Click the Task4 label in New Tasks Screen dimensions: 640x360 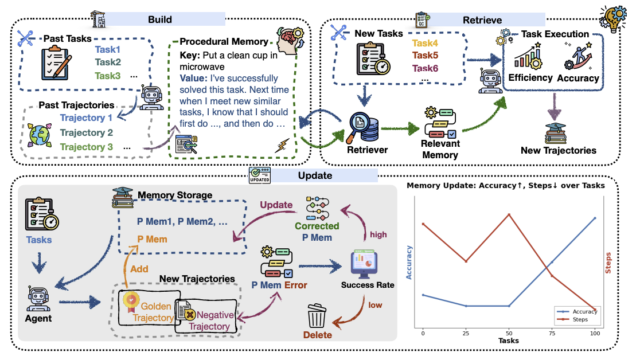tap(425, 43)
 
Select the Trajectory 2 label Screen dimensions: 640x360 tap(87, 132)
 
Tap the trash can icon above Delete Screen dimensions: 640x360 tap(317, 315)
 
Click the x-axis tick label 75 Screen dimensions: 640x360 tap(552, 333)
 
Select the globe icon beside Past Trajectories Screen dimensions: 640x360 tap(40, 135)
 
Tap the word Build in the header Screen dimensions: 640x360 tap(160, 19)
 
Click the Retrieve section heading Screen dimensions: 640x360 tap(482, 20)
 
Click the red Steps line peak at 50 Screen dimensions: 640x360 tap(509, 214)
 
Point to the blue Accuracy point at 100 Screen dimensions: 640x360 tap(595, 218)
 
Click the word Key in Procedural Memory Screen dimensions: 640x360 tap(190, 56)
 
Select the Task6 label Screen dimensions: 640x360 tap(425, 68)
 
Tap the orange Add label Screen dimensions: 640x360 tap(139, 269)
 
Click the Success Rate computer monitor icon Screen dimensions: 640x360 tap(364, 264)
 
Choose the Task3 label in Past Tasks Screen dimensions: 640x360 tap(108, 76)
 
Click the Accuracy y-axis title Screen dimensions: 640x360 tap(409, 263)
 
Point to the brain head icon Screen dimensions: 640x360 tap(290, 40)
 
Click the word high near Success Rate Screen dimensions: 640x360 tap(378, 234)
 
